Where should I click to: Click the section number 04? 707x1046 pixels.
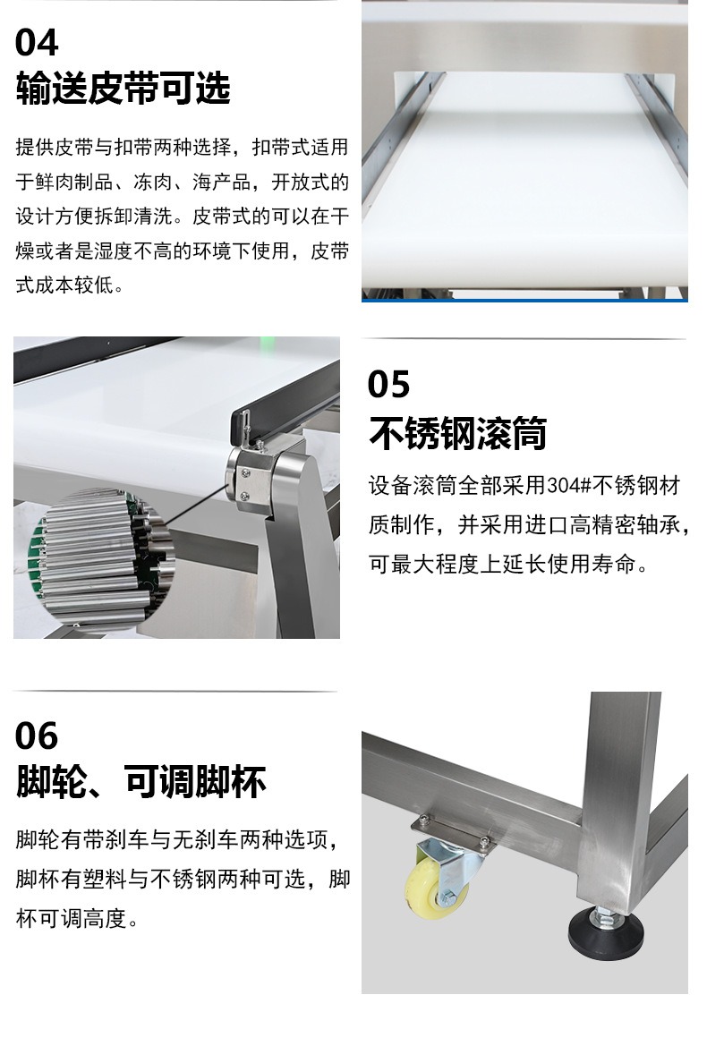[37, 43]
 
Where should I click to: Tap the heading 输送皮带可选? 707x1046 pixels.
[123, 88]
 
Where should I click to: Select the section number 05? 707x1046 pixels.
[388, 385]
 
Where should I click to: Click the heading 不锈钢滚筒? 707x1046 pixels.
[457, 432]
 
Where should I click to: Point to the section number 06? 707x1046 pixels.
[37, 736]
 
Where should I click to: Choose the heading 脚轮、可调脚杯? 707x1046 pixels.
[141, 781]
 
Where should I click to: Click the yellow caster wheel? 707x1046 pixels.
[428, 888]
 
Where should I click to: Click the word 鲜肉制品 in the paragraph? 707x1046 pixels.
[74, 182]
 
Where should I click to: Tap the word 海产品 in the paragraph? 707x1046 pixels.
[221, 182]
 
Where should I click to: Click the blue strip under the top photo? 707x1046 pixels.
[524, 300]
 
